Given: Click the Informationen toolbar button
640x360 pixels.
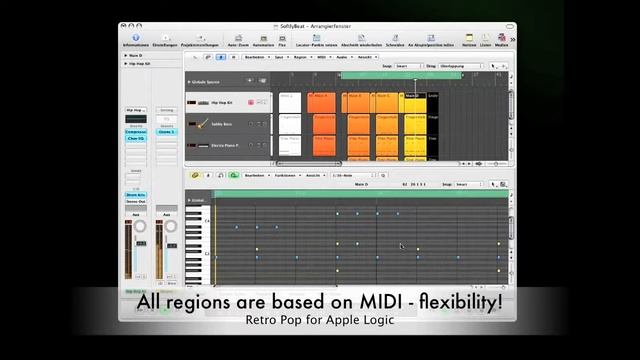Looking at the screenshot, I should [x=135, y=39].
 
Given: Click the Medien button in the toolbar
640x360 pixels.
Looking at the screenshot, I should [x=501, y=39].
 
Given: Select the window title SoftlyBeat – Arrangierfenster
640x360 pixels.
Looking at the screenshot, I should [x=319, y=27].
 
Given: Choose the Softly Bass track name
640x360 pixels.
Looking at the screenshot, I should [x=222, y=123].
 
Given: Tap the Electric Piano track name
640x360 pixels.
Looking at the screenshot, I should [x=223, y=145].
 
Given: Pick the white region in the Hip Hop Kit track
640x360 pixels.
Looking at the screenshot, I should [x=290, y=102].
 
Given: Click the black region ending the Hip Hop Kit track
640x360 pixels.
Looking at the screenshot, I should [x=433, y=102].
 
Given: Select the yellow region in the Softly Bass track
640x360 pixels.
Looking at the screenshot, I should [x=413, y=123].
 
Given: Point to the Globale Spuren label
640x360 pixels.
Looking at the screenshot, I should [x=214, y=82].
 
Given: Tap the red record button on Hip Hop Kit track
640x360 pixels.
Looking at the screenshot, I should [x=250, y=102].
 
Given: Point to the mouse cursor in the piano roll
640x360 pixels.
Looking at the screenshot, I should [x=402, y=245].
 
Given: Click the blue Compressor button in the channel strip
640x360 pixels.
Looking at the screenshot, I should [x=135, y=131].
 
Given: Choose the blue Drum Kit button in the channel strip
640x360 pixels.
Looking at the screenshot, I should [x=135, y=195].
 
